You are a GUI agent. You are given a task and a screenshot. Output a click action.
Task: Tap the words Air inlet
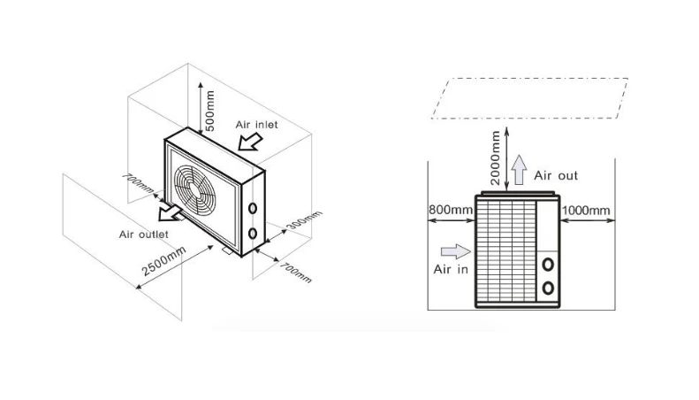tap(256, 125)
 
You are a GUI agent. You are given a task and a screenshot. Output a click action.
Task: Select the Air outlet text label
tap(144, 235)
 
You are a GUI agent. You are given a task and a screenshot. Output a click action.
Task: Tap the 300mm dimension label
tap(306, 219)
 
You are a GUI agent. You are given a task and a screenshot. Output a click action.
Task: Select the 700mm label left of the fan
tap(140, 187)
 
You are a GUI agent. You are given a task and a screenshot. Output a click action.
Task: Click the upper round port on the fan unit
tap(254, 209)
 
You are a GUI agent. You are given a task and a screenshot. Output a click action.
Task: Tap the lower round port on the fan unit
tap(254, 234)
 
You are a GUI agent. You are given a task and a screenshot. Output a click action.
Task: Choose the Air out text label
tap(556, 176)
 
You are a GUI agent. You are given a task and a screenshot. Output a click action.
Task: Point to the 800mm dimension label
tap(451, 210)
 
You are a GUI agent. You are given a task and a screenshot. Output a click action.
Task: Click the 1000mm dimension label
tap(586, 210)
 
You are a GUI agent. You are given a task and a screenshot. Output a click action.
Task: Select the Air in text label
tap(451, 268)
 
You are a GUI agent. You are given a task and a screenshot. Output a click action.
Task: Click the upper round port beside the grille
tap(548, 265)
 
